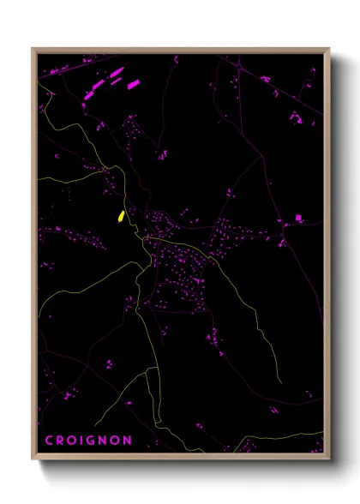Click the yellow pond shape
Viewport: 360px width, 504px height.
click(121, 216)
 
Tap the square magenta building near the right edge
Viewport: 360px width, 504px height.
click(298, 218)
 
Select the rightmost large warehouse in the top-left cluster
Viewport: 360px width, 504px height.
click(133, 84)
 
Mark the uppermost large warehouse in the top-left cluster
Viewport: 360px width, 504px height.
click(116, 72)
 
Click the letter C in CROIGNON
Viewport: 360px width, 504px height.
click(48, 441)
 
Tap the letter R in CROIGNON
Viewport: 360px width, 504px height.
click(59, 441)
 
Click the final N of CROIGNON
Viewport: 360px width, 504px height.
click(128, 441)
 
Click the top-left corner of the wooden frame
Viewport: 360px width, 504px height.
click(33, 49)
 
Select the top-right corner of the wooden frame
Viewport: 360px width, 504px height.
click(329, 49)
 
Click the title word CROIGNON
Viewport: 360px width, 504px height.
click(87, 441)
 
